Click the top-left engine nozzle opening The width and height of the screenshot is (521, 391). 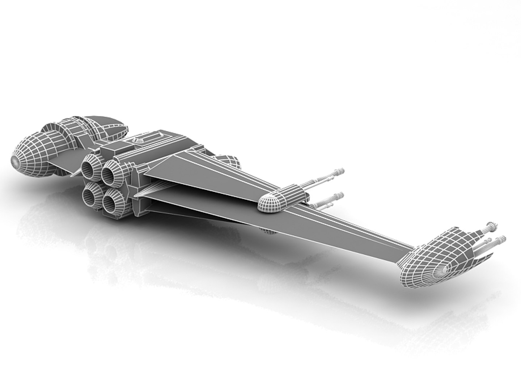point(89,169)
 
